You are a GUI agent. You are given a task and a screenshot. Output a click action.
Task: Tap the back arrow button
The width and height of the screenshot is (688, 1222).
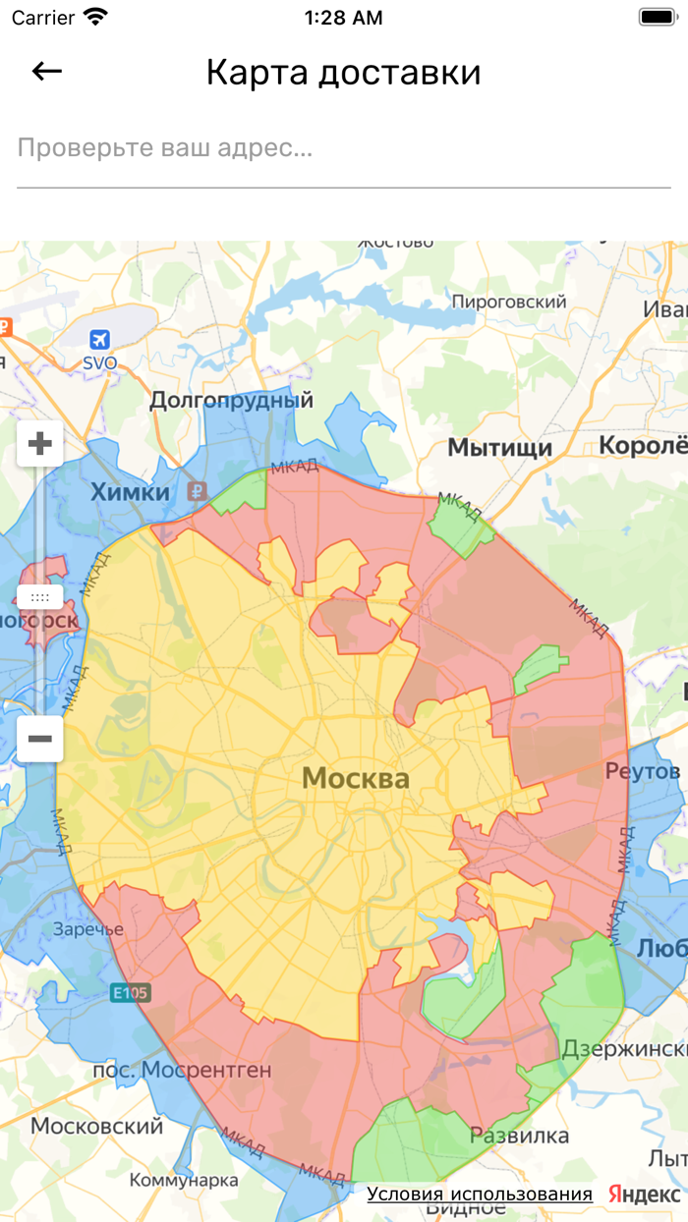(x=46, y=72)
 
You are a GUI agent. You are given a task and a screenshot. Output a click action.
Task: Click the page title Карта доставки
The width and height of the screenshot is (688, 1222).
(x=343, y=73)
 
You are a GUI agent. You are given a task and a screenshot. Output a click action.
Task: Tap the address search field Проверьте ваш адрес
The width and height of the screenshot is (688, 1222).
(x=343, y=149)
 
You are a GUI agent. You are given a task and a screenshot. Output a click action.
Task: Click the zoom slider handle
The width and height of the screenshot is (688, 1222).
(x=40, y=596)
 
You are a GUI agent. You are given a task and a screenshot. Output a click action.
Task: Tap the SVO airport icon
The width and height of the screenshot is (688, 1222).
(x=99, y=340)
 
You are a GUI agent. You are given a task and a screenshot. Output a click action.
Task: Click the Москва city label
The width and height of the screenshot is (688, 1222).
(x=355, y=779)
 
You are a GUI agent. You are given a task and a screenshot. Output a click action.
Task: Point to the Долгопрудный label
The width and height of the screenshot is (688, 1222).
(x=231, y=400)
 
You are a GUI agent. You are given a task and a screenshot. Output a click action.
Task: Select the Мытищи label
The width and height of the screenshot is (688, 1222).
(x=499, y=448)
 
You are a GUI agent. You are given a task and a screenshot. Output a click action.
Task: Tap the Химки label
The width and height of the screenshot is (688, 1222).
(x=131, y=492)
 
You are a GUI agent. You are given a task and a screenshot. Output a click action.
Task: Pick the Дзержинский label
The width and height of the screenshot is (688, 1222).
(x=623, y=1049)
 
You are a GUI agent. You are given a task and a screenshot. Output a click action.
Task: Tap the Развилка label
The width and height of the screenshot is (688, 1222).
(x=519, y=1136)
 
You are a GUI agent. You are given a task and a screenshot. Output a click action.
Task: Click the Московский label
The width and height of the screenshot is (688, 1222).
(x=96, y=1126)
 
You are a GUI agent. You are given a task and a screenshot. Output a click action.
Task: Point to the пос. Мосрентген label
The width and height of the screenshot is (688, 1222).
(x=181, y=1070)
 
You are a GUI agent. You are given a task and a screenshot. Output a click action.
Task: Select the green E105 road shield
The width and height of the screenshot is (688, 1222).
(x=130, y=993)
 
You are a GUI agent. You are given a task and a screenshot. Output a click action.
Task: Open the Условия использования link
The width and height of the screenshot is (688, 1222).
(x=480, y=1194)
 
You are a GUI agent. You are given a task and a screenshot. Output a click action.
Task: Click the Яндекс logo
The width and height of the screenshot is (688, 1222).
(x=644, y=1194)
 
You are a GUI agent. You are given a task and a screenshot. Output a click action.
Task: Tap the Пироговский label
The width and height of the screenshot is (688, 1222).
(x=508, y=302)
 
